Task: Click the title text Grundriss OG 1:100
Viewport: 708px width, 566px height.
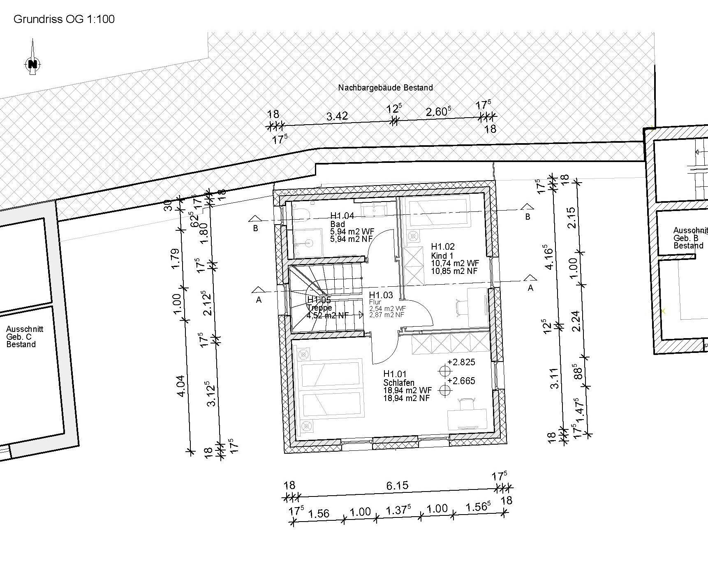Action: coord(64,19)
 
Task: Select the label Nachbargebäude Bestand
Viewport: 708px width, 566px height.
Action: coord(385,88)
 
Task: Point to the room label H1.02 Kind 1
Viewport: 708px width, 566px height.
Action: coord(443,251)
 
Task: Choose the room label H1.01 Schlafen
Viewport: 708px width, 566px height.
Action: coord(398,378)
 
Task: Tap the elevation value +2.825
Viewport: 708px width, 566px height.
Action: coord(461,362)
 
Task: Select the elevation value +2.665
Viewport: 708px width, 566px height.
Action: coord(461,381)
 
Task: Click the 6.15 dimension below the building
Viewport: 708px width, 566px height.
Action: coord(397,486)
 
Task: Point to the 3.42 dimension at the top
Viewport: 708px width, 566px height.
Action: coord(337,116)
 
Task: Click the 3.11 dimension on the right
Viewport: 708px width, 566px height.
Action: coord(555,378)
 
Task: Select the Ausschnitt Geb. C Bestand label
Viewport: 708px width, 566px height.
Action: coord(25,337)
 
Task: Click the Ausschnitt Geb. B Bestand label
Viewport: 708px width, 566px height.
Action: coord(690,238)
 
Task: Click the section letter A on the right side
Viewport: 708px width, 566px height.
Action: coord(530,288)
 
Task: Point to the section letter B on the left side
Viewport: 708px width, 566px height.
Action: coord(255,228)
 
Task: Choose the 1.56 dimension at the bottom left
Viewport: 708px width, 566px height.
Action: coord(319,513)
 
